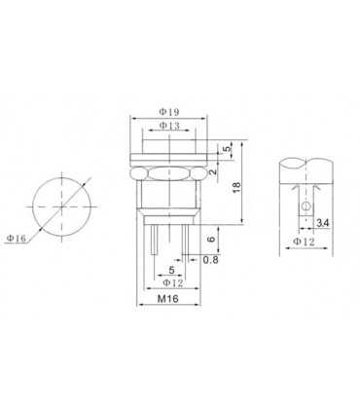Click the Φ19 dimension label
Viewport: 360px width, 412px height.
pyautogui.click(x=169, y=110)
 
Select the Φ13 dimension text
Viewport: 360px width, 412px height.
pyautogui.click(x=169, y=126)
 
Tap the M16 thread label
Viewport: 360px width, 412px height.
pyautogui.click(x=169, y=300)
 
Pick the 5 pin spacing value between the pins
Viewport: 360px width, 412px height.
pyautogui.click(x=171, y=270)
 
